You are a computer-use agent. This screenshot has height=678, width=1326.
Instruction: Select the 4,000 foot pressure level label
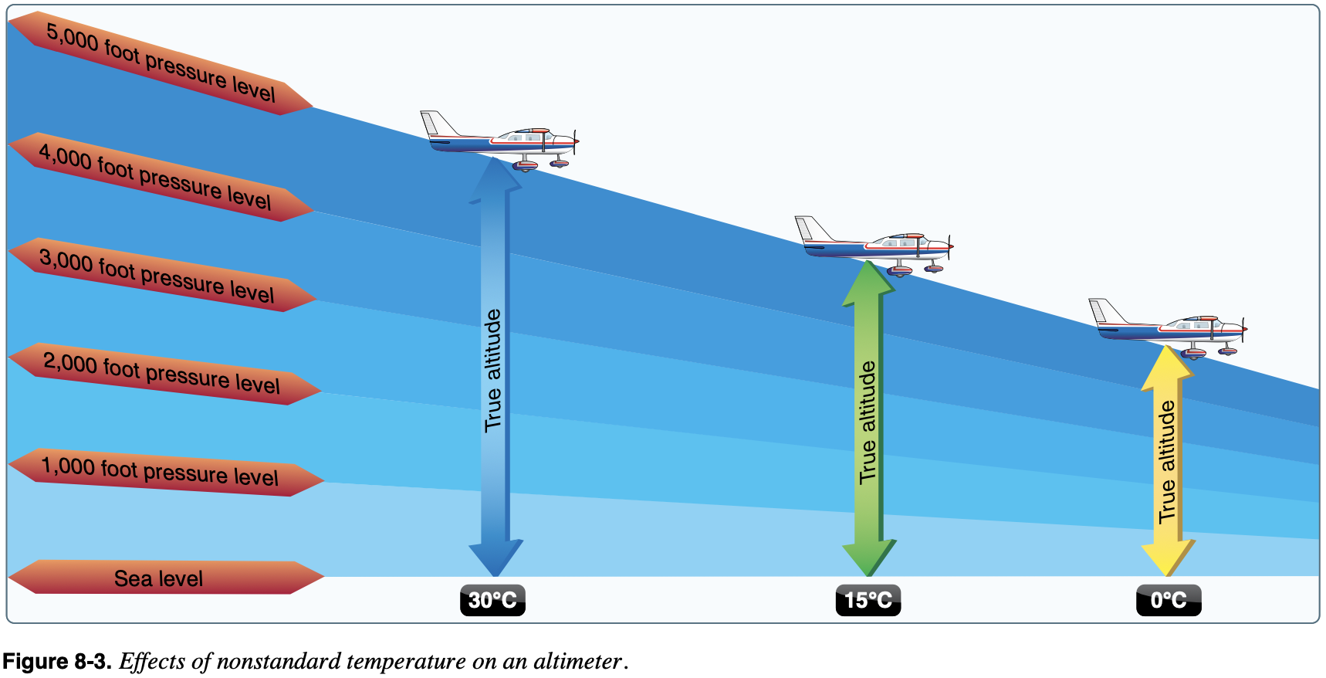(x=155, y=177)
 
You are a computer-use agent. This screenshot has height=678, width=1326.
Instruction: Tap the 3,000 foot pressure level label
(x=157, y=275)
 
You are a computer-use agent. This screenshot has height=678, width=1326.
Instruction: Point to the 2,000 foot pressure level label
(x=161, y=373)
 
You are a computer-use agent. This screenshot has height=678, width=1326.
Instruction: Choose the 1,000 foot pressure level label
(x=160, y=471)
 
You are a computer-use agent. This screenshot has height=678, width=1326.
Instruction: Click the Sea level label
(x=158, y=578)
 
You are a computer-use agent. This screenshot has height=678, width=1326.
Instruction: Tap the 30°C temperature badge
(x=492, y=600)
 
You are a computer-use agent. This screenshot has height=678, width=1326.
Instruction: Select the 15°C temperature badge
(x=868, y=600)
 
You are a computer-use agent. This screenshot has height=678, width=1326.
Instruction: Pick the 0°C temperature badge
(x=1169, y=600)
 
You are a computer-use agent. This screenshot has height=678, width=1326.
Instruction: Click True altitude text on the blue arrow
(x=493, y=370)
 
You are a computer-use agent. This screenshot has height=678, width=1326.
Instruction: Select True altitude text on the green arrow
(x=868, y=422)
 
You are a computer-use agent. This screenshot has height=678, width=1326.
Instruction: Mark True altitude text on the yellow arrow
(x=1167, y=462)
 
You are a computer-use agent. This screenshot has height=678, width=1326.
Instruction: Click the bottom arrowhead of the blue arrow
(x=496, y=558)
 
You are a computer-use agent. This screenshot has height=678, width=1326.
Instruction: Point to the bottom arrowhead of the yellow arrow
(x=1168, y=558)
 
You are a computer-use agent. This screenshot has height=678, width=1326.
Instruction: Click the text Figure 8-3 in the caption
(x=57, y=662)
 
